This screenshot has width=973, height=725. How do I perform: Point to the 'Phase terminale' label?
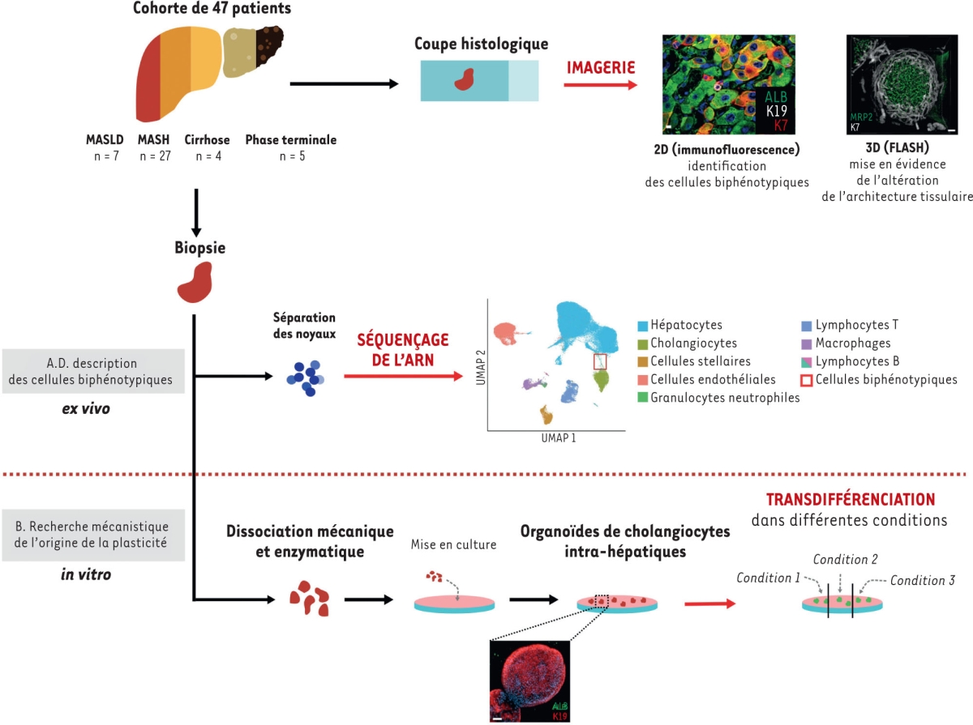pyautogui.click(x=290, y=139)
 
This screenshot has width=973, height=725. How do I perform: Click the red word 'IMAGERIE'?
pyautogui.click(x=601, y=67)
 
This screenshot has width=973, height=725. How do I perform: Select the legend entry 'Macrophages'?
pyautogui.click(x=855, y=343)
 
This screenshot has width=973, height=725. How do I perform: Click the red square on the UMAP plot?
pyautogui.click(x=599, y=360)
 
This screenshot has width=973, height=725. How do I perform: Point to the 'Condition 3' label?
pyautogui.click(x=922, y=580)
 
